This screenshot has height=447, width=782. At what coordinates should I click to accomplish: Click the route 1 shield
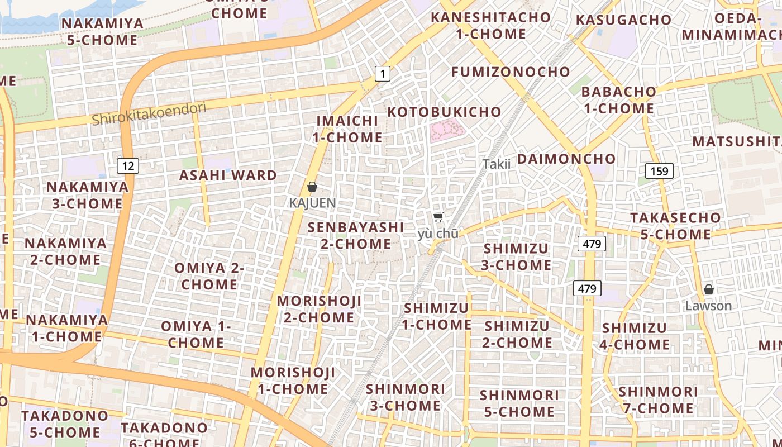pos(382,73)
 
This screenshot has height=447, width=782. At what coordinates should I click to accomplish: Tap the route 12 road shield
pos(128,165)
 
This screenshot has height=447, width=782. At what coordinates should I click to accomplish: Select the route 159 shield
pos(659,171)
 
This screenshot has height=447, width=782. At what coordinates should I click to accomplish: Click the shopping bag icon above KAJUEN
pos(312,187)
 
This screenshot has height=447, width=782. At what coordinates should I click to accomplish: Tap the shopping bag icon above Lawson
pos(708,289)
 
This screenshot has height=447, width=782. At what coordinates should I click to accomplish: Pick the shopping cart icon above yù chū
pos(438,217)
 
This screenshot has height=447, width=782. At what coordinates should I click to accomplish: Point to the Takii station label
pos(497,164)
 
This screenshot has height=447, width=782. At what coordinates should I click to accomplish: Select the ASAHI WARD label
pos(228,175)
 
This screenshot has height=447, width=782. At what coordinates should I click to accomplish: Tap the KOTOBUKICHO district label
pos(445,112)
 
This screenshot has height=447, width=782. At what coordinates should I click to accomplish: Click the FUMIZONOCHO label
pos(511,72)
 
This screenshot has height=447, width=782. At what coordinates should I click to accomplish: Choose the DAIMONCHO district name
pos(566,159)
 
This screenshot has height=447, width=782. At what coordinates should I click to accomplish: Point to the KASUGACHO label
pos(623,20)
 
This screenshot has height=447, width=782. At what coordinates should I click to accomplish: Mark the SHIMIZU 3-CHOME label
pos(516,256)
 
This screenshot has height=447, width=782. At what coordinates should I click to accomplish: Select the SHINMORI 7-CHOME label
pos(658,400)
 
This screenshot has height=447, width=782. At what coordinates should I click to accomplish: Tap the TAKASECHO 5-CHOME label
pos(675,226)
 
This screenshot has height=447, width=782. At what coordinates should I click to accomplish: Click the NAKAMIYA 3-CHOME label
pos(87,195)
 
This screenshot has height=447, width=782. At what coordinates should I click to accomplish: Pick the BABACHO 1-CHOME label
pos(619,99)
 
